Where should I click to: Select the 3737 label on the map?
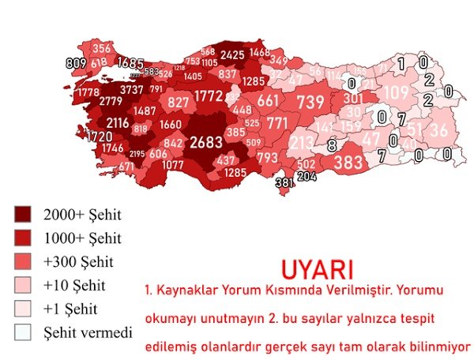pos(131,89)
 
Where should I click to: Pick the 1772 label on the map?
pos(209,96)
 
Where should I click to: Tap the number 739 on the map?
pos(310,102)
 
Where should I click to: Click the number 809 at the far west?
pos(76,63)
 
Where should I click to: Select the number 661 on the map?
pos(268,100)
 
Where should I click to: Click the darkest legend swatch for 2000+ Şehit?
pos(23,214)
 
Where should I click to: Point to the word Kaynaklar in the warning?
pos(190,291)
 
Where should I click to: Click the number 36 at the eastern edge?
pos(440,129)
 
